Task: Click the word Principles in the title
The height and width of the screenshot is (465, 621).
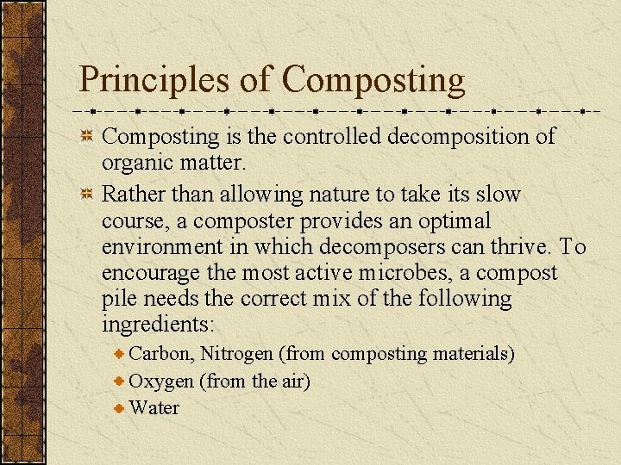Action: (x=154, y=79)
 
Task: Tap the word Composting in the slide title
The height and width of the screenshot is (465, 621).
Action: (x=373, y=81)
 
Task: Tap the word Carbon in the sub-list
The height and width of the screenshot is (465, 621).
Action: (x=160, y=354)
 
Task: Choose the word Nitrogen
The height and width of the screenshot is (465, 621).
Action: (x=237, y=354)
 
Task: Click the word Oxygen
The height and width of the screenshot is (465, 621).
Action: (x=161, y=381)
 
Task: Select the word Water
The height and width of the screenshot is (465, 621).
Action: (x=154, y=407)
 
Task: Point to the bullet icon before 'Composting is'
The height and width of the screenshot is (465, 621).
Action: (x=86, y=136)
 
